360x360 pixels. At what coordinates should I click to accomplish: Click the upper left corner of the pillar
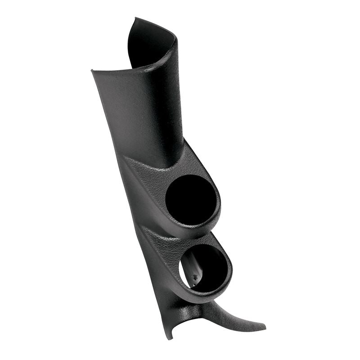(x=92, y=71)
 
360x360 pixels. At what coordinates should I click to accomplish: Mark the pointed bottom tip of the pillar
(x=169, y=337)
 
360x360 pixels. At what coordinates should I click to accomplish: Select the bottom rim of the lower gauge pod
(x=211, y=292)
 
